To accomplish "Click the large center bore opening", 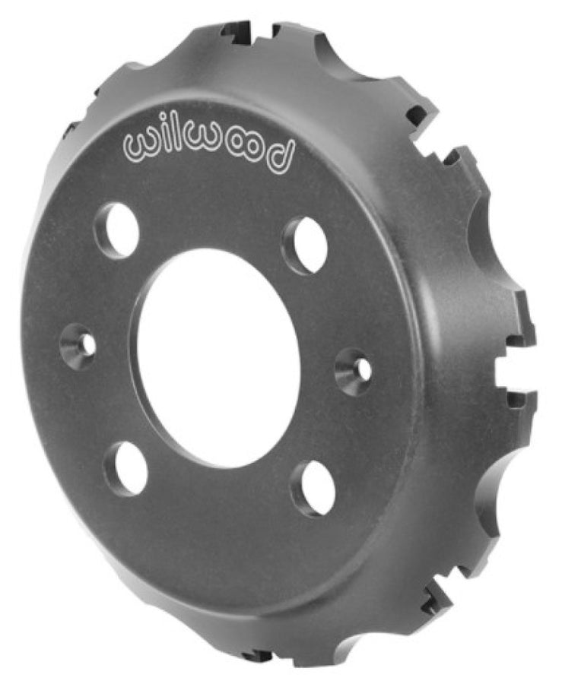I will click(x=219, y=356).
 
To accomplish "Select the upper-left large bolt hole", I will click(x=117, y=230).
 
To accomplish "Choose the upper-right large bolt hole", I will click(x=306, y=245).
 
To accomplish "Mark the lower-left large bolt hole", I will click(x=126, y=467).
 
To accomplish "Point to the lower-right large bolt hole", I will click(x=313, y=487).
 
